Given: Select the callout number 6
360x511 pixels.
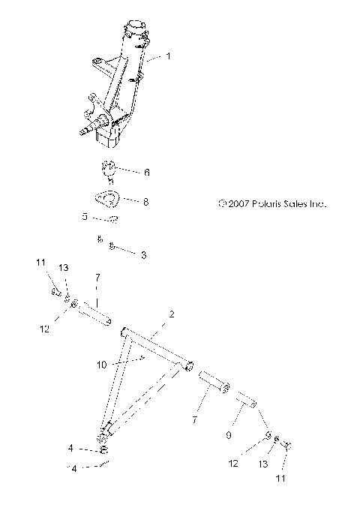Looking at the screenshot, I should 146,172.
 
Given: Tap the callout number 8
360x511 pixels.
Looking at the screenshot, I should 146,201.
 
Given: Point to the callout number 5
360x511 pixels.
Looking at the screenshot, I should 85,216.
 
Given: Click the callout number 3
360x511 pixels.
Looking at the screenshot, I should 143,255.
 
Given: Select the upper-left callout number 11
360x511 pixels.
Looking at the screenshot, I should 40,262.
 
